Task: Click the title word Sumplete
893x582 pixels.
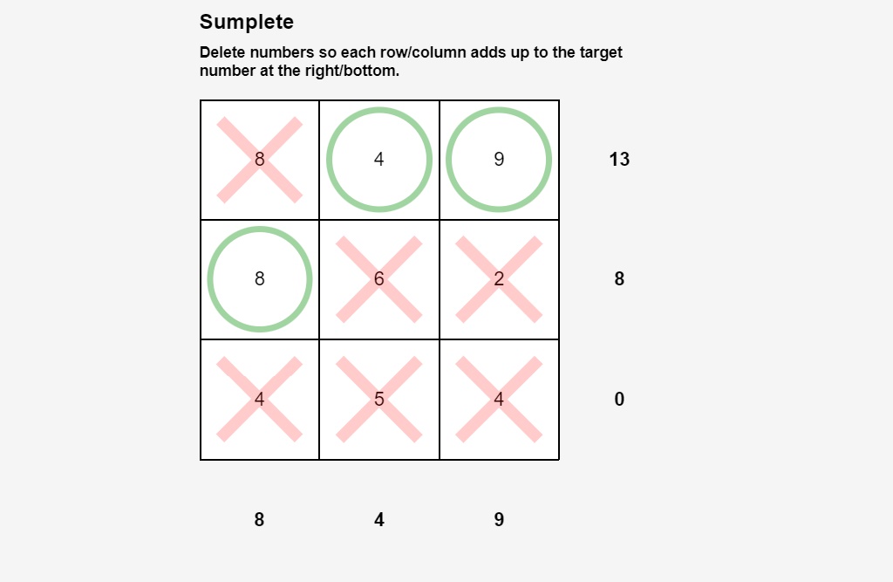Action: tap(246, 22)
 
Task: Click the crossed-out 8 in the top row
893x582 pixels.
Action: tap(259, 160)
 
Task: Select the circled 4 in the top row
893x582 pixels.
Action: tap(378, 160)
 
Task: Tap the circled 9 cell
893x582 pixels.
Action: tap(498, 160)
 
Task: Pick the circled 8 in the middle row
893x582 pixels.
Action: tap(259, 279)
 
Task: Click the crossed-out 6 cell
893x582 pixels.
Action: tap(378, 279)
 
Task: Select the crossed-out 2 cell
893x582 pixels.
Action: tap(498, 279)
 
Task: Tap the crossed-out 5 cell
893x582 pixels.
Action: tap(378, 399)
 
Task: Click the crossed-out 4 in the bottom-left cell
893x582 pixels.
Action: tap(259, 399)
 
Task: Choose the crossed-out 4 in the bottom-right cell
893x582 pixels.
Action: tap(498, 399)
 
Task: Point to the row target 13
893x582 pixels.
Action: tap(619, 160)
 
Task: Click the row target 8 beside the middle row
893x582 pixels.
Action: tap(619, 279)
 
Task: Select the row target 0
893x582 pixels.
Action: tap(619, 399)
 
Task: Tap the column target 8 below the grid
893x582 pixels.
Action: tap(259, 519)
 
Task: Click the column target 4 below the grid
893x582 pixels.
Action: tap(378, 519)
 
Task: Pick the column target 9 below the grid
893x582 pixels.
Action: tap(498, 519)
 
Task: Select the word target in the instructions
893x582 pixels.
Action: tap(601, 52)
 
